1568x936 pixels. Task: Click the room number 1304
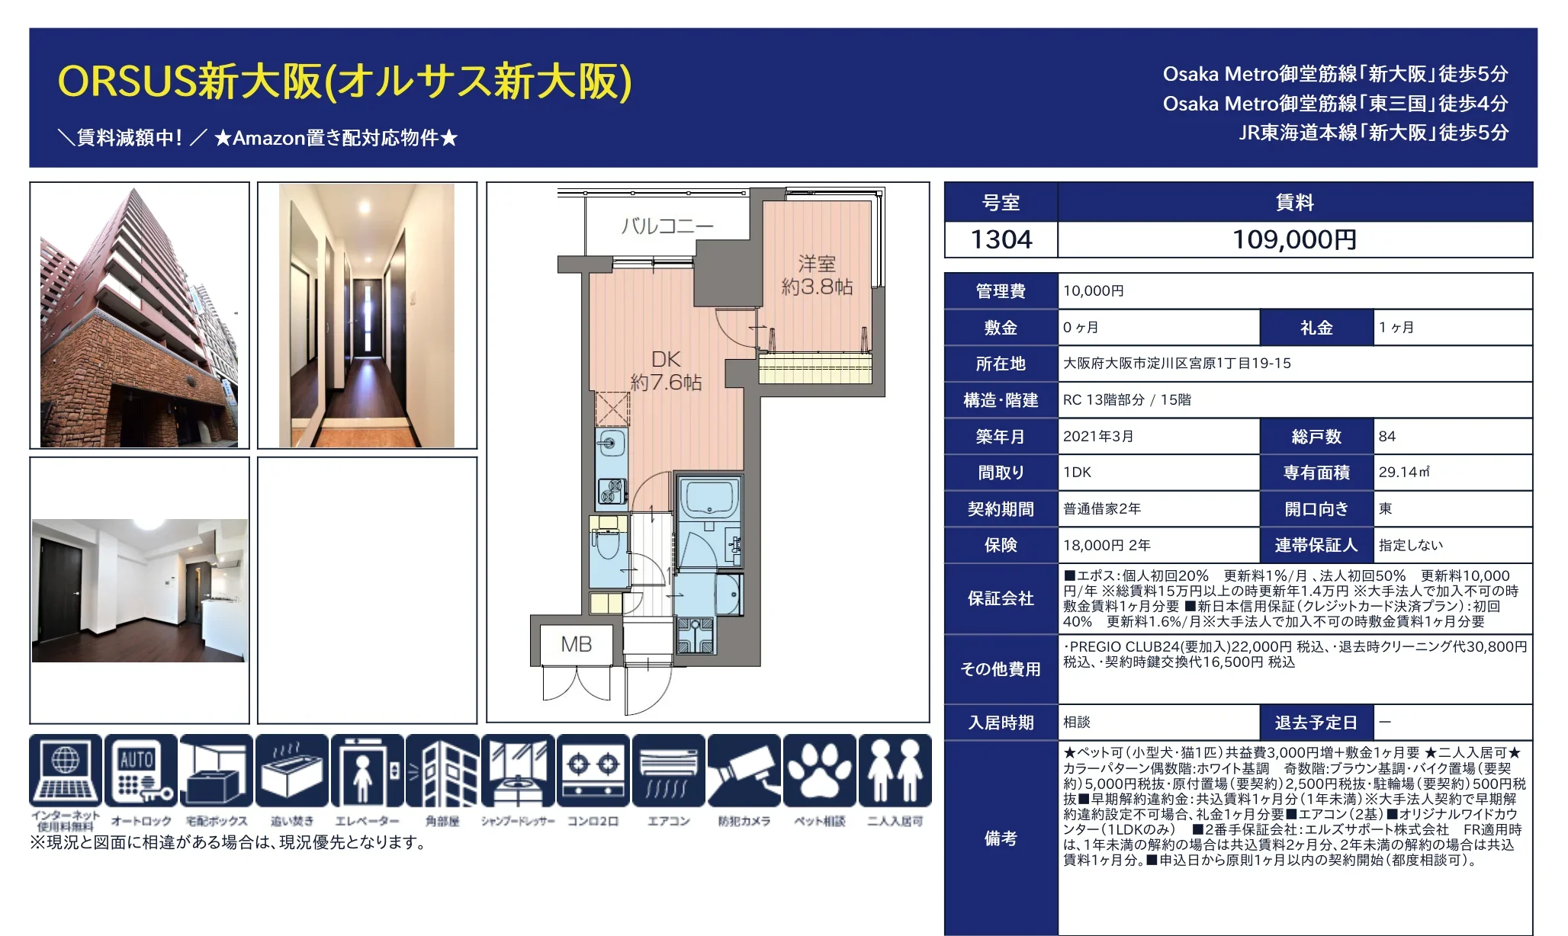click(x=1001, y=239)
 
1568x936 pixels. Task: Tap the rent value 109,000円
click(x=1294, y=239)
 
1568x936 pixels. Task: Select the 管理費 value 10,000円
click(x=1094, y=290)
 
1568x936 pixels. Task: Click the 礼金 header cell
click(x=1316, y=327)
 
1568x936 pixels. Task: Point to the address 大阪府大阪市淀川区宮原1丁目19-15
click(x=1177, y=363)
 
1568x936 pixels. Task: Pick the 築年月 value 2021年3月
click(x=1098, y=436)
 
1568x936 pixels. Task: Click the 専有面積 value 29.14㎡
click(x=1404, y=472)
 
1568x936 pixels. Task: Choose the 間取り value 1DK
click(x=1078, y=472)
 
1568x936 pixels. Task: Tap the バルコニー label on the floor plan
click(x=667, y=226)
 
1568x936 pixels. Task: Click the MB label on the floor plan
click(x=577, y=644)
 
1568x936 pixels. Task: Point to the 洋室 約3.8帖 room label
click(x=817, y=275)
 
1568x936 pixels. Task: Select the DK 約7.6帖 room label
click(x=666, y=370)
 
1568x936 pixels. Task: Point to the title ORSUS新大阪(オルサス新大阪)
click(x=345, y=81)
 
